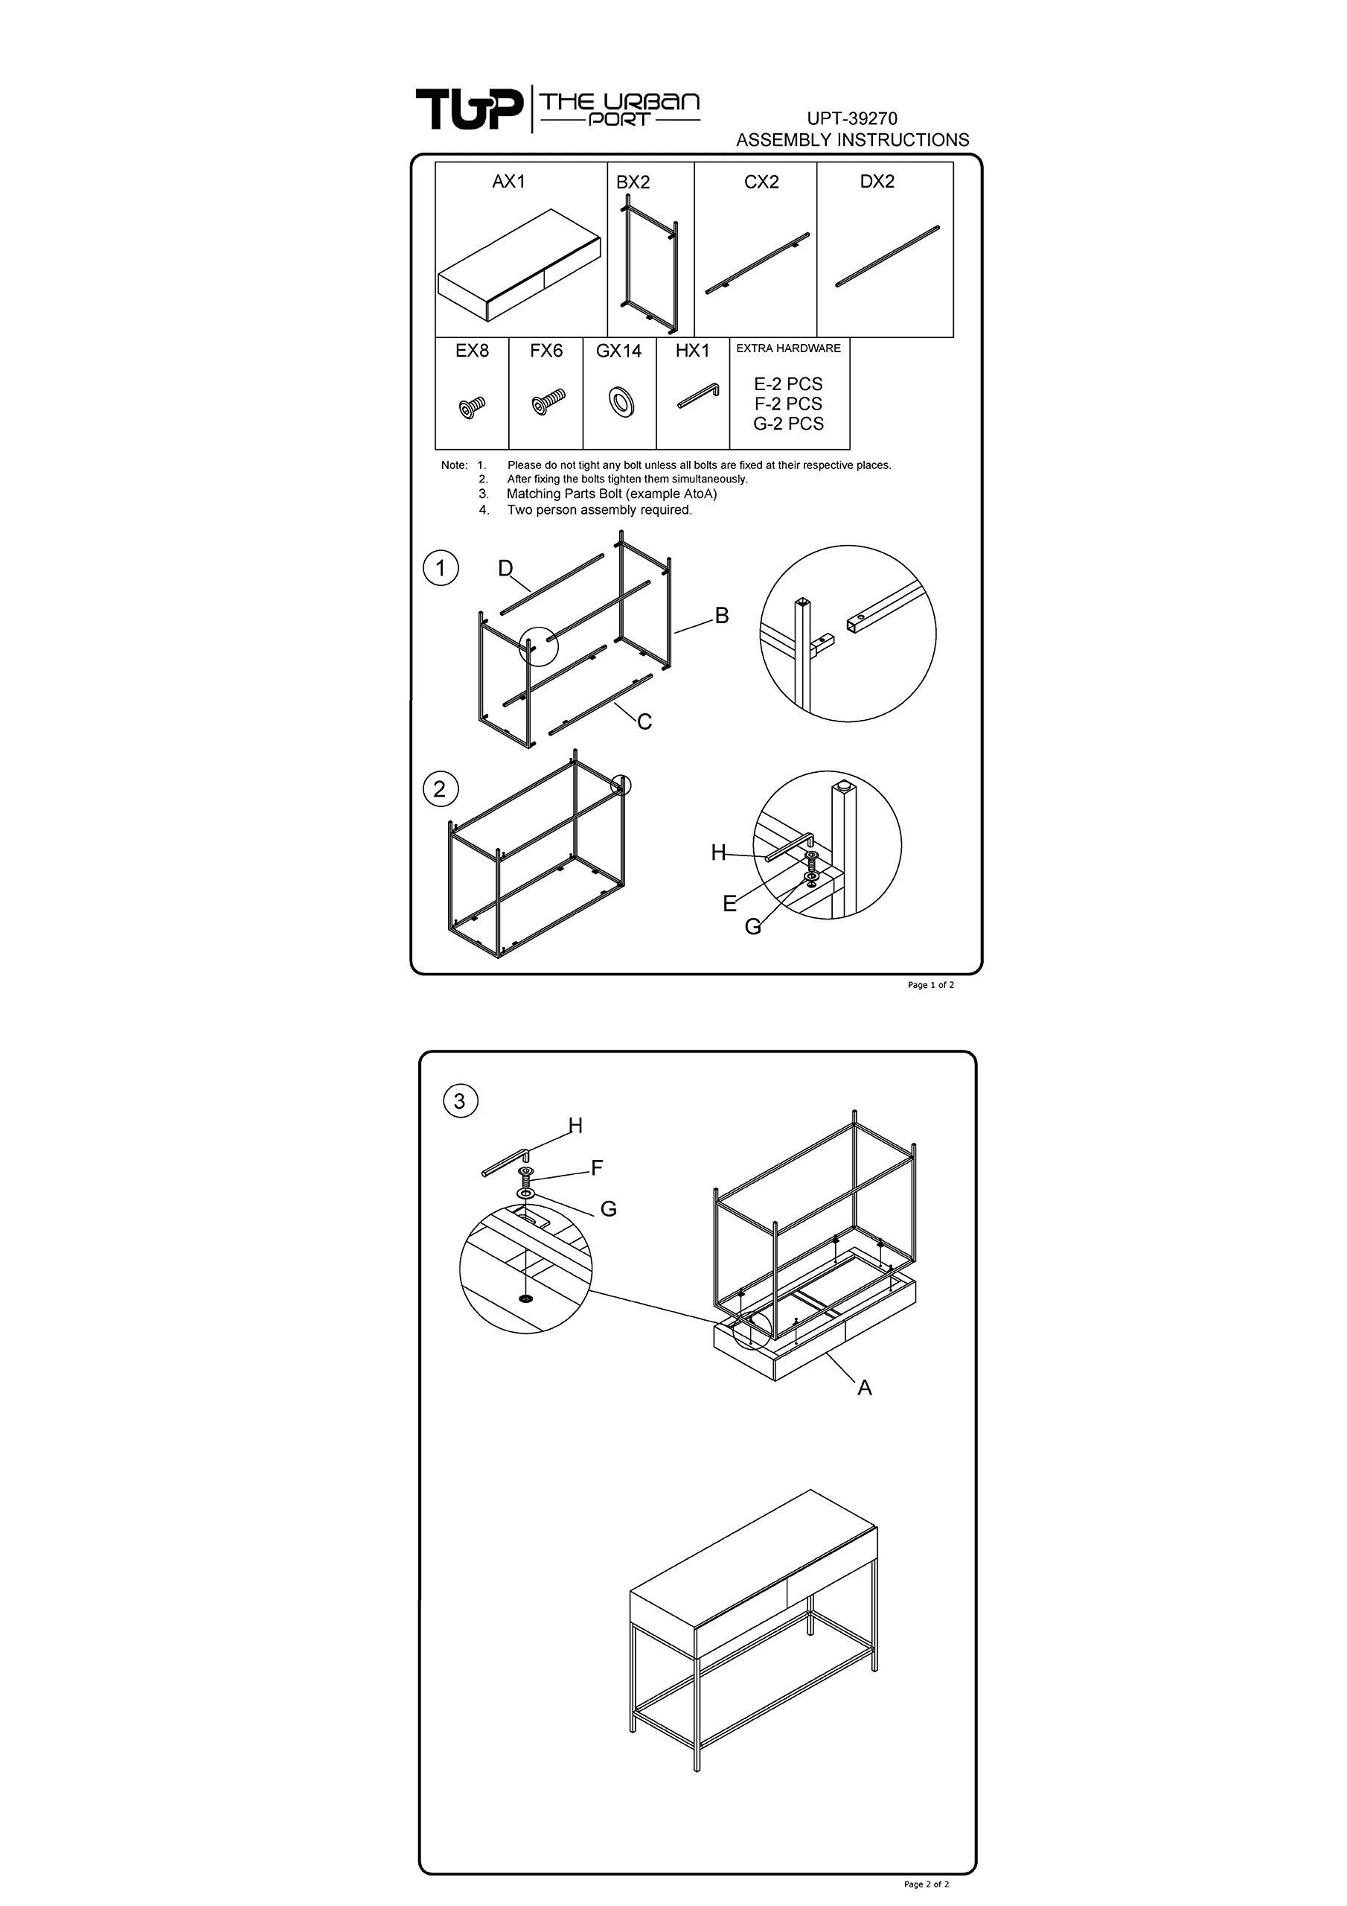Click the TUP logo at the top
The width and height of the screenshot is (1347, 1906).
(x=470, y=109)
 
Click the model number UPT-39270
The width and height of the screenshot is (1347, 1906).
(x=852, y=118)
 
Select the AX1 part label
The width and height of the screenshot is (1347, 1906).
(x=509, y=181)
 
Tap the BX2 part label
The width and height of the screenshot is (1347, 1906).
(x=633, y=182)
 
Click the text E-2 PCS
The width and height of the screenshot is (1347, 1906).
(x=787, y=384)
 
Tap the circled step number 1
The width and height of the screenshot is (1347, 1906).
(x=441, y=569)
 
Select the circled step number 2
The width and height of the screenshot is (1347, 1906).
(x=440, y=788)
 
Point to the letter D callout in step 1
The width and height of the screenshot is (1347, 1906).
(x=505, y=569)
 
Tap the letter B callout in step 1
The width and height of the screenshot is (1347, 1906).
(x=722, y=616)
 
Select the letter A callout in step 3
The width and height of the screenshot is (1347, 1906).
(x=865, y=1388)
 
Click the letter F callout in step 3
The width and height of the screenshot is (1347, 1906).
(x=597, y=1169)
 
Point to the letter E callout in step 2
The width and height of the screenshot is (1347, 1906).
(x=729, y=904)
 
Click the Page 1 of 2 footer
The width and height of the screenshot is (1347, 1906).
(x=931, y=985)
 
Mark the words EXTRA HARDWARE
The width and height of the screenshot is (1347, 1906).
(x=788, y=348)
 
